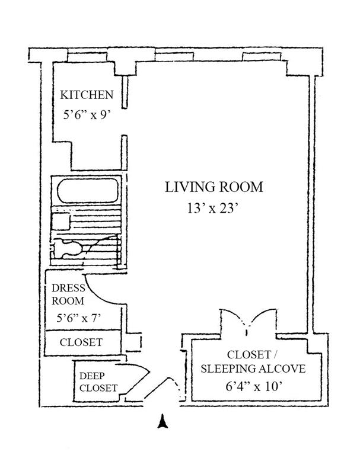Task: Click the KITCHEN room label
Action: (x=87, y=95)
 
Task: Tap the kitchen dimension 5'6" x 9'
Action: (x=87, y=115)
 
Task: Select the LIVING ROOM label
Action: (x=214, y=187)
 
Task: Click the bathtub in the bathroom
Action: (x=88, y=190)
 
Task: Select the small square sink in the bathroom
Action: (x=61, y=222)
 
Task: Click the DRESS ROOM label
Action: (x=68, y=294)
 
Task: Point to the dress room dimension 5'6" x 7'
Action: (x=78, y=318)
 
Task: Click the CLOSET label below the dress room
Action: (x=81, y=342)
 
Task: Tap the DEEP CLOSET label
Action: (x=98, y=382)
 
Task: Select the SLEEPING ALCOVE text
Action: (x=253, y=369)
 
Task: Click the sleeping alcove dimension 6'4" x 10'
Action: (x=254, y=386)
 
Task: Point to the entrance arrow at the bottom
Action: (x=163, y=421)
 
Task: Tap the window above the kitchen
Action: (x=87, y=57)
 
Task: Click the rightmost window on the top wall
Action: (x=262, y=57)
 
